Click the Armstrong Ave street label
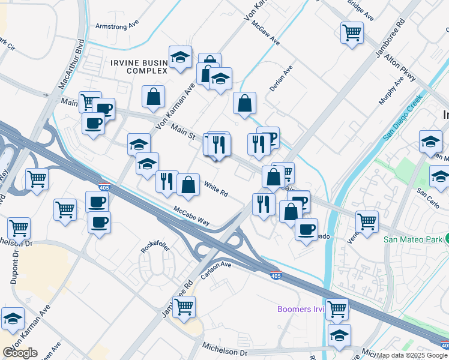(x=117, y=26)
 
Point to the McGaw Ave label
(x=266, y=34)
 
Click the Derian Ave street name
(x=280, y=79)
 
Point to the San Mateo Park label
(x=413, y=239)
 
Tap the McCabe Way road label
(x=192, y=217)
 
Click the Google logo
(x=20, y=352)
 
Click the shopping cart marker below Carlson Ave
(x=184, y=307)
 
